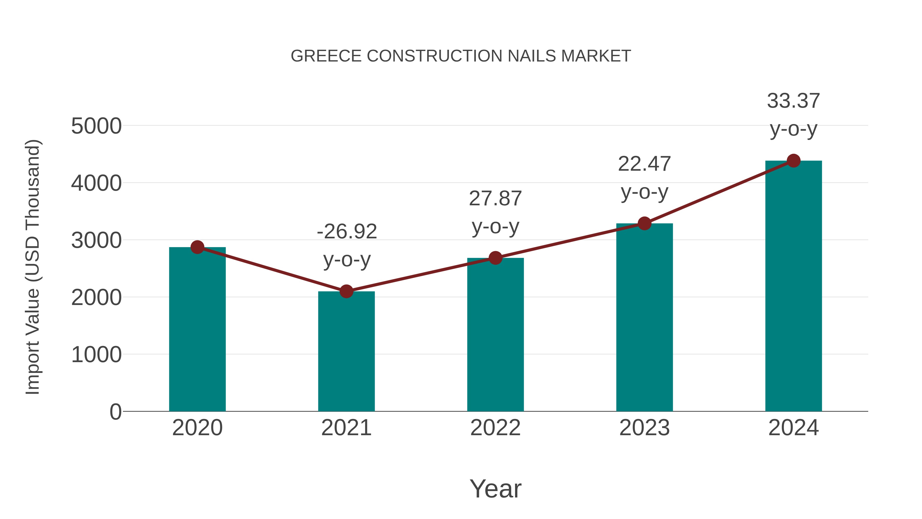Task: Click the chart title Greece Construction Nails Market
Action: pyautogui.click(x=461, y=56)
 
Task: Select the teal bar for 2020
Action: pyautogui.click(x=197, y=330)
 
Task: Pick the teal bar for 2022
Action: pyautogui.click(x=495, y=335)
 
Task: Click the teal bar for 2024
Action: pyautogui.click(x=793, y=287)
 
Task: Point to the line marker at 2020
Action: pyautogui.click(x=197, y=247)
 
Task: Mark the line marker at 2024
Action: pyautogui.click(x=793, y=161)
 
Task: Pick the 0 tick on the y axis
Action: pyautogui.click(x=116, y=412)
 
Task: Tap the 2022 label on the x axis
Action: pyautogui.click(x=495, y=428)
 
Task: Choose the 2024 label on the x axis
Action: pyautogui.click(x=793, y=428)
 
